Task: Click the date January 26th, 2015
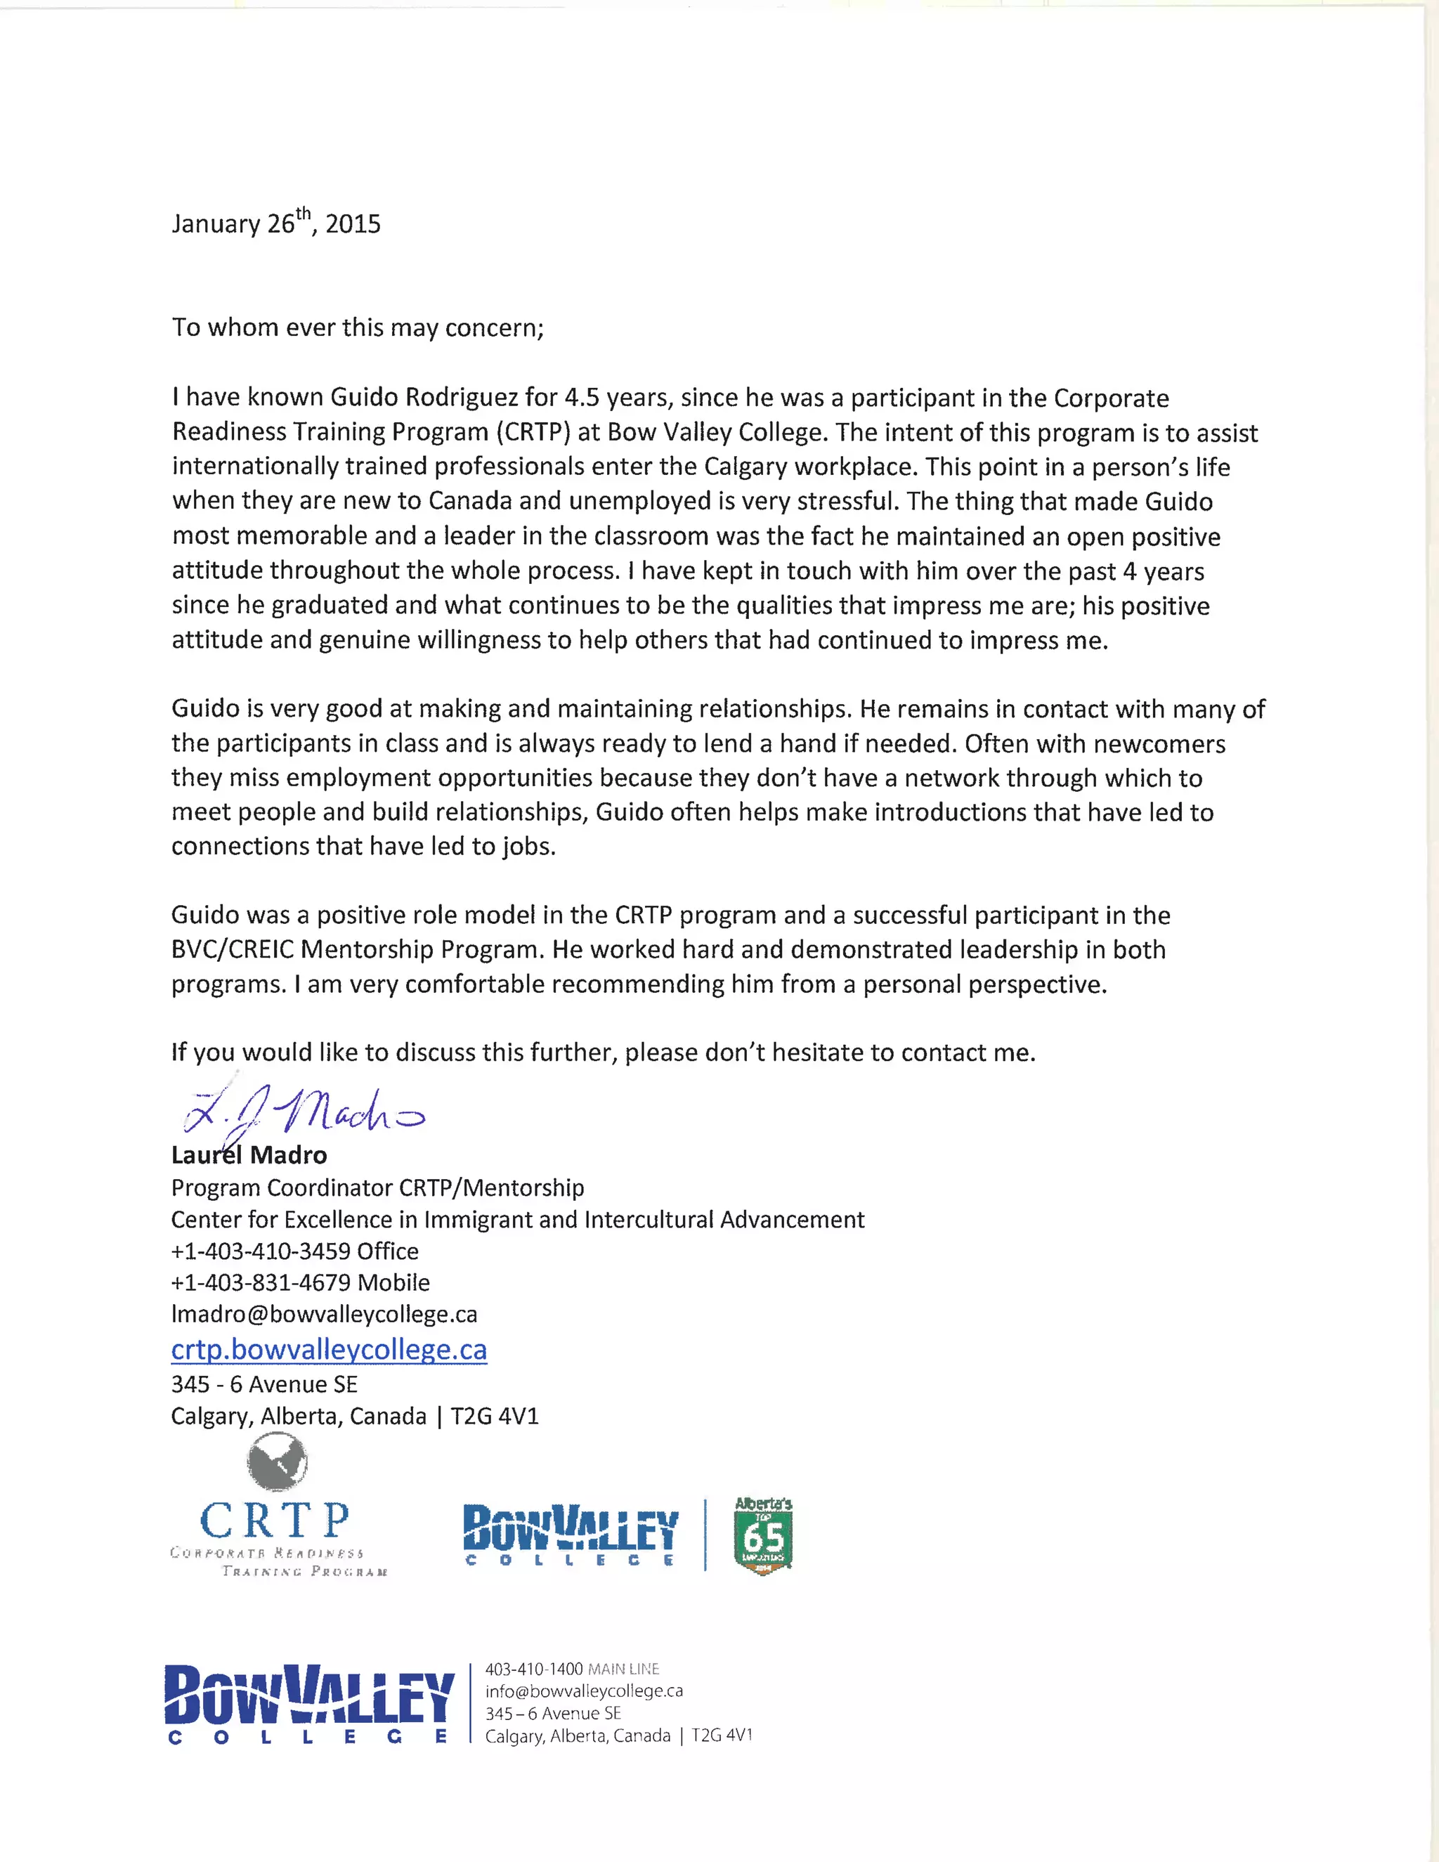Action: coord(275,223)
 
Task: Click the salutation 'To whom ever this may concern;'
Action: coord(357,327)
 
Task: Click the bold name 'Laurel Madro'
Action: coord(249,1155)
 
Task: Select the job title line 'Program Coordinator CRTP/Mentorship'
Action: coord(377,1187)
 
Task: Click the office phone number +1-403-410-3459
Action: coord(261,1251)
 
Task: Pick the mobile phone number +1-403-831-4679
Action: coord(261,1282)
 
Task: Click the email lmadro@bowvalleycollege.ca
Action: coord(324,1314)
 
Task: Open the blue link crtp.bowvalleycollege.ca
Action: coord(329,1350)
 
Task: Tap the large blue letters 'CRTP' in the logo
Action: coord(275,1519)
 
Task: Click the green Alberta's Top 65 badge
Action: coord(763,1535)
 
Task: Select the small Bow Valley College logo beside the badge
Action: coord(571,1535)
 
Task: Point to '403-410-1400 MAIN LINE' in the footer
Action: coord(572,1669)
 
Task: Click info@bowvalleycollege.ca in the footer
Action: coord(584,1691)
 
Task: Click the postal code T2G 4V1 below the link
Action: coord(495,1416)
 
